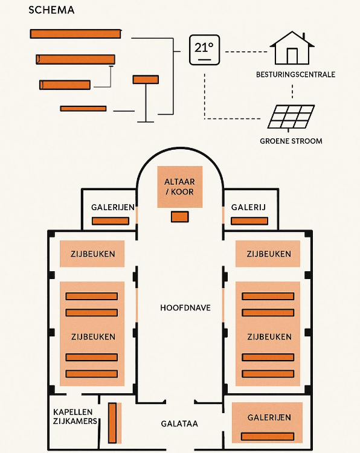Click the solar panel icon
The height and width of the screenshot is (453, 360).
click(291, 117)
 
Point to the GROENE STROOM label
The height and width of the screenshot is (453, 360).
click(291, 141)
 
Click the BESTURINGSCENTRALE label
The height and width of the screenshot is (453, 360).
click(296, 75)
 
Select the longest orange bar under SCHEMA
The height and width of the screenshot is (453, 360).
click(76, 34)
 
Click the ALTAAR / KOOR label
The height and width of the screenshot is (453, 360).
click(179, 186)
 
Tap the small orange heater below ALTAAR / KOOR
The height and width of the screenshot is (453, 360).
click(179, 217)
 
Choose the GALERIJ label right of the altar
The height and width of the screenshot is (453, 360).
click(249, 208)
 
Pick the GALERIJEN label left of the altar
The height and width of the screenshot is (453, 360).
click(113, 208)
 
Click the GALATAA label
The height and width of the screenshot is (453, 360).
click(179, 424)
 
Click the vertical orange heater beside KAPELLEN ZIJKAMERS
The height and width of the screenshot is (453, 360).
click(112, 422)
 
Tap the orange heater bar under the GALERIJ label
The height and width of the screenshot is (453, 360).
click(249, 221)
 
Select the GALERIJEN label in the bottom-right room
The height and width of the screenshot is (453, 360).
click(269, 417)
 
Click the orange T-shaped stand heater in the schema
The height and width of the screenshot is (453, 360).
click(146, 80)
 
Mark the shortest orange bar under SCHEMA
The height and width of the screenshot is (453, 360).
click(83, 109)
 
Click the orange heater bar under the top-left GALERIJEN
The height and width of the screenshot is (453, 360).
click(111, 221)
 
